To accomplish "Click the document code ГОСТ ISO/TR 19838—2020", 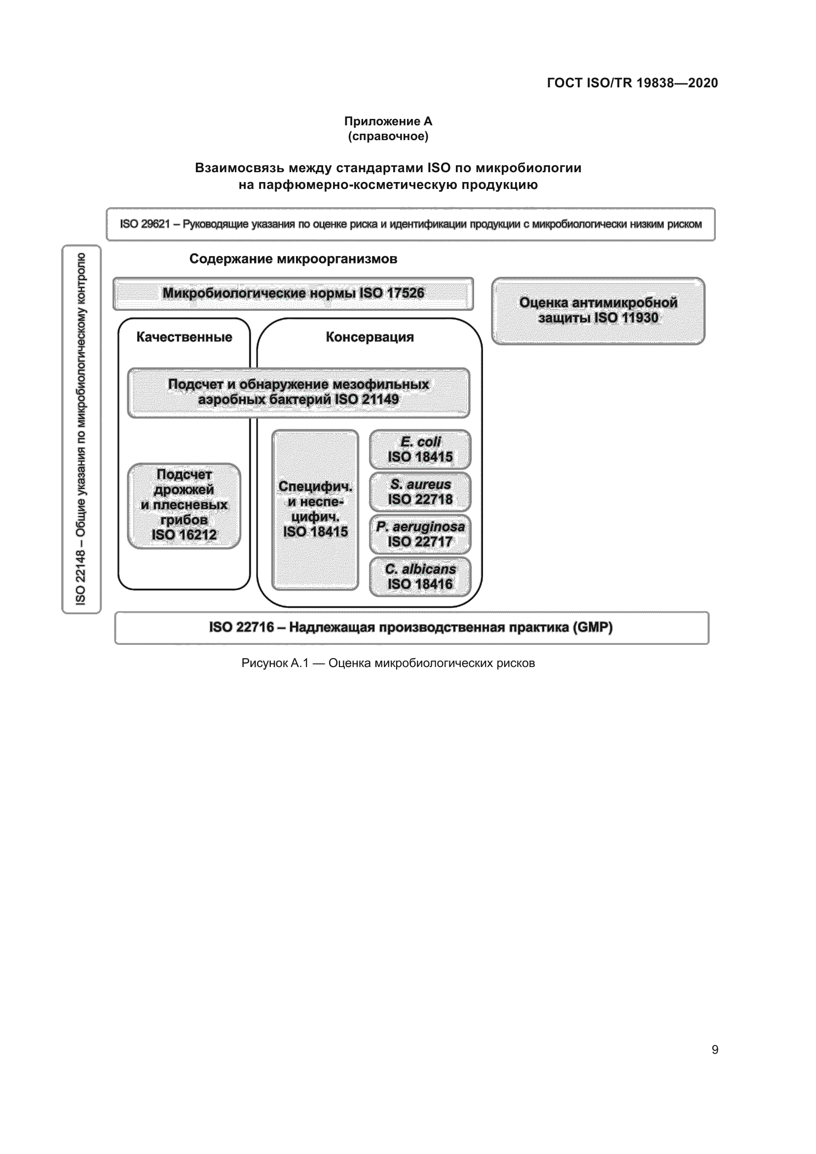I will [x=632, y=83].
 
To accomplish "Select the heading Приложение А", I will [x=388, y=121].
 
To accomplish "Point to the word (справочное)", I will [x=388, y=136].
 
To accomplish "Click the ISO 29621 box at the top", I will [x=410, y=224].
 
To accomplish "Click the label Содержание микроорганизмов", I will [x=293, y=259].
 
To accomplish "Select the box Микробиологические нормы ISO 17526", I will [x=293, y=294].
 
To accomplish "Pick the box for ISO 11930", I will [x=598, y=311].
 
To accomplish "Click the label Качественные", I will [x=184, y=337].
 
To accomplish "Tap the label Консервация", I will [x=370, y=337].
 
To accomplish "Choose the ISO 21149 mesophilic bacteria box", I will [x=298, y=393].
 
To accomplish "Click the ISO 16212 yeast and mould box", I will [x=184, y=505].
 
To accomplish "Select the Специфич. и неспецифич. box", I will [x=315, y=509].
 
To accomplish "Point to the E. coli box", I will [x=420, y=449].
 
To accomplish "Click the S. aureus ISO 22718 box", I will [x=420, y=491].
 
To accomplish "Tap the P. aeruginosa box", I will [x=420, y=534].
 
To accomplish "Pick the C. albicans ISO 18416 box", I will [x=420, y=576].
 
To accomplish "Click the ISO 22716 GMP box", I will [x=411, y=627].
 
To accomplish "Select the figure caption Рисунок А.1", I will [x=388, y=663].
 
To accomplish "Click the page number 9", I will [x=714, y=1050].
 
